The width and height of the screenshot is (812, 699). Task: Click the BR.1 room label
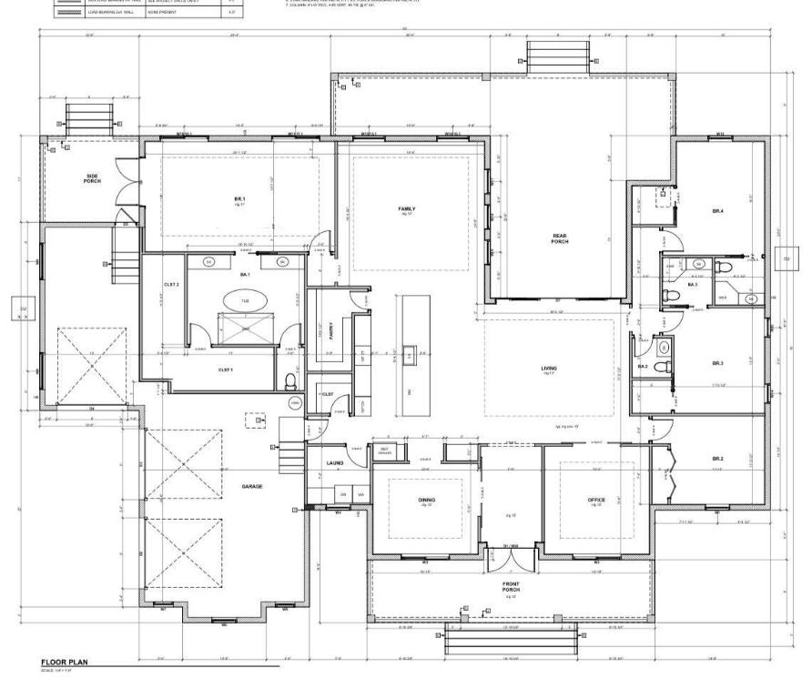(x=234, y=198)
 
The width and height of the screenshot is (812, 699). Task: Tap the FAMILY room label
(x=406, y=208)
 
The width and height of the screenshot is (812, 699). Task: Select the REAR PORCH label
(x=560, y=238)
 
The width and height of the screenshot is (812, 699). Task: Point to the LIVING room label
(x=549, y=368)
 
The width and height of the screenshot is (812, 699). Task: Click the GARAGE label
(x=252, y=486)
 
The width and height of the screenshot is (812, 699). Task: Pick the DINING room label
(x=426, y=500)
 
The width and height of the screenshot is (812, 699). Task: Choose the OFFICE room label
(x=596, y=500)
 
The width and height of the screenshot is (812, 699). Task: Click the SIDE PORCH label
(x=93, y=178)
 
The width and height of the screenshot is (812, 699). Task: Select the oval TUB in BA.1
(x=246, y=300)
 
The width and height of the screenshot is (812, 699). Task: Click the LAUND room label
(x=334, y=463)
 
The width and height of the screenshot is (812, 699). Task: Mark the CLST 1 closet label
(x=226, y=370)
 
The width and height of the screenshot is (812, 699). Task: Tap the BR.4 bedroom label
(x=718, y=211)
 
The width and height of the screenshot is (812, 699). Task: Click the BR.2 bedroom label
(x=718, y=458)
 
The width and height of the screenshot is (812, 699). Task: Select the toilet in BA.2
(x=667, y=367)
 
